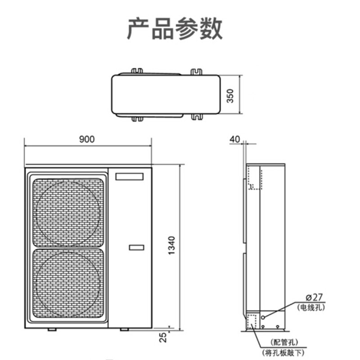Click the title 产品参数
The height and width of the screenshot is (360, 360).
pyautogui.click(x=174, y=29)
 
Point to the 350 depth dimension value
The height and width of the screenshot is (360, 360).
pyautogui.click(x=230, y=96)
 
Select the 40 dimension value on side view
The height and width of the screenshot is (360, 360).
pyautogui.click(x=234, y=139)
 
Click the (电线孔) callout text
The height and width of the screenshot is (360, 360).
pyautogui.click(x=311, y=307)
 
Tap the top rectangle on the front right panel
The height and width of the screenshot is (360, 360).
pyautogui.click(x=129, y=177)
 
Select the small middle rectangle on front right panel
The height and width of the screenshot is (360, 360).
pyautogui.click(x=136, y=247)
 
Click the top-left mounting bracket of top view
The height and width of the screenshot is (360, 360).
pyautogui.click(x=137, y=71)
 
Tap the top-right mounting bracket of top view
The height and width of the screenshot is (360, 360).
pyautogui.click(x=197, y=71)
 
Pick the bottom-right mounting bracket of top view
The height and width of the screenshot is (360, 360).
pyautogui.click(x=197, y=117)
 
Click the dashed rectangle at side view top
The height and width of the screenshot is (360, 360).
pyautogui.click(x=254, y=179)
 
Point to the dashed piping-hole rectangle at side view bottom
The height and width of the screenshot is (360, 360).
pyautogui.click(x=251, y=321)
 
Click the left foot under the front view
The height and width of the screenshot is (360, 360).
pyautogui.click(x=52, y=329)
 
